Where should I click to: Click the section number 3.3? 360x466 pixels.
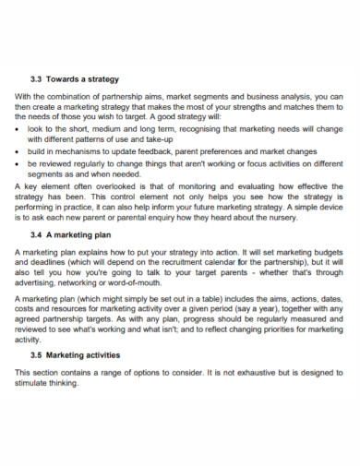coord(36,79)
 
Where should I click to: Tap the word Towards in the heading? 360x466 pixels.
coord(66,79)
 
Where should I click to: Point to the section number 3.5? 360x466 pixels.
coord(36,354)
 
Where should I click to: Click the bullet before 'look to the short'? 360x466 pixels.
coord(18,131)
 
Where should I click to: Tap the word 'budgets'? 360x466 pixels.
coord(325,251)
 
